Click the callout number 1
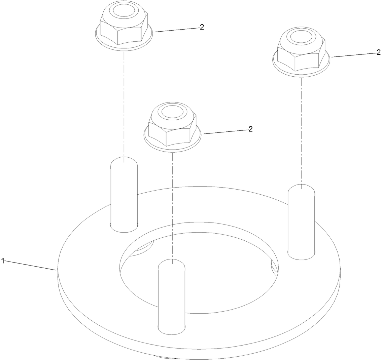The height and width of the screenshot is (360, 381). point(3,261)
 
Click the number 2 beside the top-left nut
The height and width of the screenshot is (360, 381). point(202,27)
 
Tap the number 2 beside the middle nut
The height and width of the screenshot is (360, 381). point(250,129)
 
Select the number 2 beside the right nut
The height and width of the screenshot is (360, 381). point(379,52)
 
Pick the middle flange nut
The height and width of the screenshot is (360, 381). point(172,128)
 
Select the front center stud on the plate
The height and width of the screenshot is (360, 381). point(172,297)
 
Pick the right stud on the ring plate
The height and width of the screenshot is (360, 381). point(301,222)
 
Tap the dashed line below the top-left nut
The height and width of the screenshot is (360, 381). point(124,107)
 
